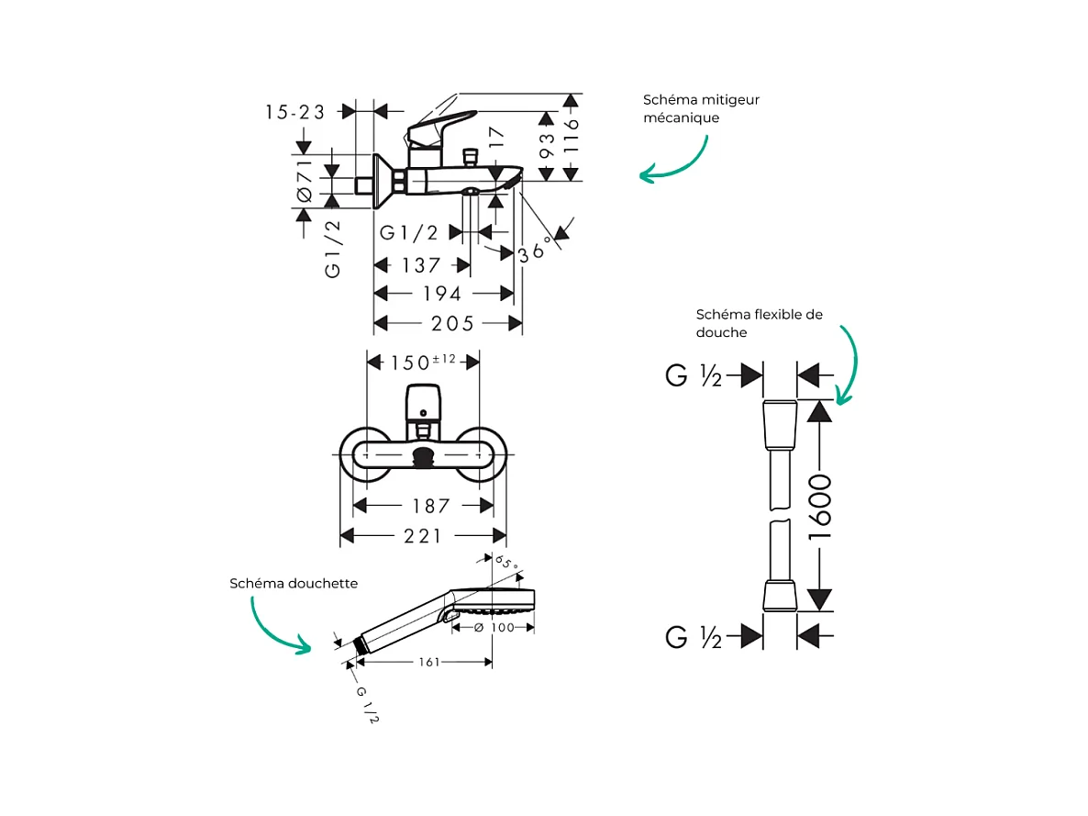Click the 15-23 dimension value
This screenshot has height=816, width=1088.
click(x=295, y=112)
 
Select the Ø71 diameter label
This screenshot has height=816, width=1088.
click(x=305, y=181)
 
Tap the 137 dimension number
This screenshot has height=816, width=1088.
click(x=422, y=265)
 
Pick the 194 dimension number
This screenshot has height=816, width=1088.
click(x=443, y=294)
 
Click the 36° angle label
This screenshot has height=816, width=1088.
click(x=537, y=250)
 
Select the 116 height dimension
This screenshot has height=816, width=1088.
click(x=571, y=137)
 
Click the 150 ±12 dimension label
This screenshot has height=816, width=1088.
click(x=423, y=362)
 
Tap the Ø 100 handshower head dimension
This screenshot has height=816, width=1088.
click(x=494, y=627)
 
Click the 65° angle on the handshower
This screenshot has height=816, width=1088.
click(x=507, y=562)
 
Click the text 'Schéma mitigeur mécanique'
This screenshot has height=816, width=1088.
click(x=701, y=108)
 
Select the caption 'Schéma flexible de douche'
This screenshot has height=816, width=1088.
click(x=759, y=323)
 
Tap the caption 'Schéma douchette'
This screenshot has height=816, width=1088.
click(x=294, y=583)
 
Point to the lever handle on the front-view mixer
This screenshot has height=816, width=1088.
click(x=423, y=400)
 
